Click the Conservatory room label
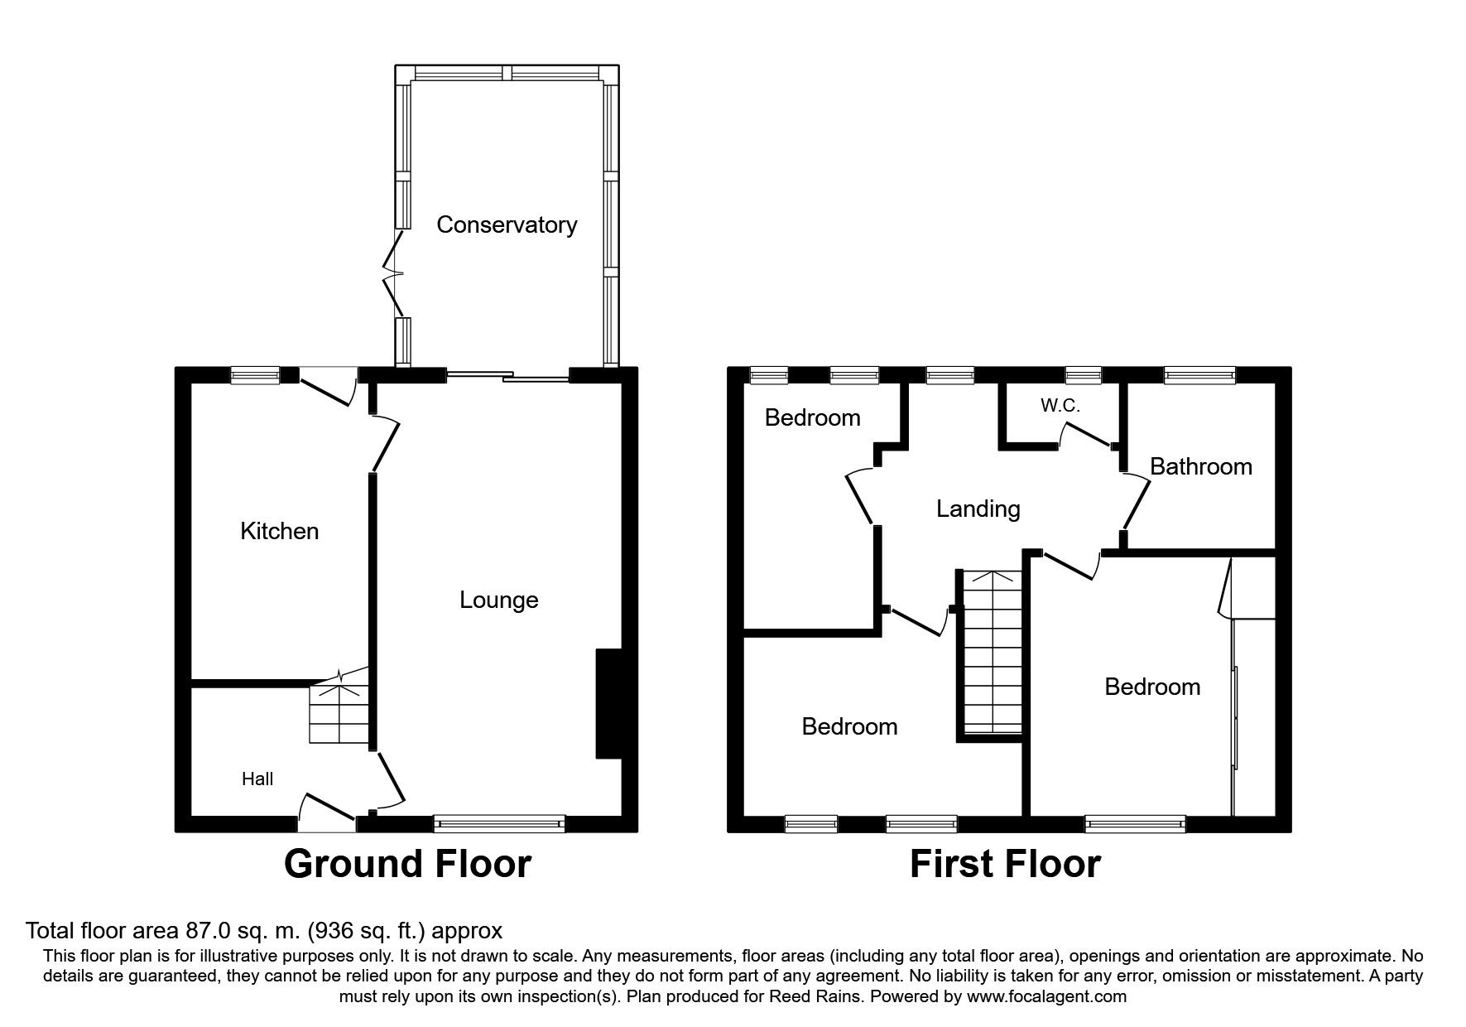coord(507,224)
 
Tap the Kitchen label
coord(279,531)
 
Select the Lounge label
coord(499,600)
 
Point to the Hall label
coord(257,779)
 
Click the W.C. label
coord(1060,406)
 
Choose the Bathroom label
coord(1201,466)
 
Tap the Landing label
coord(978,509)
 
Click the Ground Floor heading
coord(407,865)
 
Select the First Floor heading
coord(1005,865)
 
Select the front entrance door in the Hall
coord(328,811)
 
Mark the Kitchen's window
coord(255,375)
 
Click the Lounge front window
coord(499,823)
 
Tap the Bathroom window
coord(1200,375)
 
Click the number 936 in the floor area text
coord(327,931)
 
